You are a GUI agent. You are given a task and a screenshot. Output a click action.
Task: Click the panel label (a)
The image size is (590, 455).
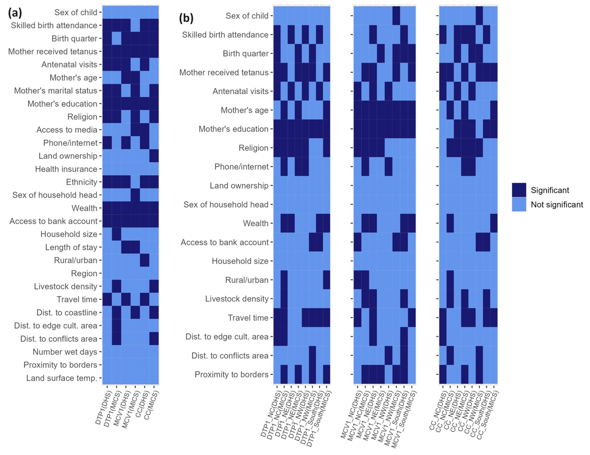click(x=15, y=13)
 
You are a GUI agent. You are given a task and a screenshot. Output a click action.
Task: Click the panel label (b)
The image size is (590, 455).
click(x=186, y=18)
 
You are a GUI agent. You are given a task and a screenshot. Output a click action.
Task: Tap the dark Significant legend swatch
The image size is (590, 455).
click(x=519, y=190)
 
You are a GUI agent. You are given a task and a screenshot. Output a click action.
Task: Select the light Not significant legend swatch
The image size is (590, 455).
click(x=519, y=204)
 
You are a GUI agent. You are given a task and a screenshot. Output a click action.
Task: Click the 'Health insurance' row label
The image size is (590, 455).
click(x=66, y=169)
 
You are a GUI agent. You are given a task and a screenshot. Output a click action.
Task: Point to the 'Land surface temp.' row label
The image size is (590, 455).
click(x=62, y=378)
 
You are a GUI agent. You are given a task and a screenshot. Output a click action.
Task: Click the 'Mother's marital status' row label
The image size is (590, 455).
click(x=56, y=91)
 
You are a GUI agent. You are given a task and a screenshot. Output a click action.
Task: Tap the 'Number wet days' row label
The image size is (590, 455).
click(x=65, y=352)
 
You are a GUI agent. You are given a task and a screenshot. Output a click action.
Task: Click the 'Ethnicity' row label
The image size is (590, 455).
click(x=82, y=182)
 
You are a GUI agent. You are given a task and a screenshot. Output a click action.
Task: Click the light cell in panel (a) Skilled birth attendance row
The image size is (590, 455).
click(x=135, y=25)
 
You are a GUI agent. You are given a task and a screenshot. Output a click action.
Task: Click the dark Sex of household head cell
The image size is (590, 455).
click(x=135, y=195)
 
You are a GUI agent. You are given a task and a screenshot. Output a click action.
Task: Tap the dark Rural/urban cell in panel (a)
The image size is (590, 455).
click(x=144, y=260)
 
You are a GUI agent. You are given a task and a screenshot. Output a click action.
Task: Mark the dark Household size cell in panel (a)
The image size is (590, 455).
click(x=116, y=234)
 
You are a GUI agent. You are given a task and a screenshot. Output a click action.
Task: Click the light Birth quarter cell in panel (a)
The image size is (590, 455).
click(x=116, y=39)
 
